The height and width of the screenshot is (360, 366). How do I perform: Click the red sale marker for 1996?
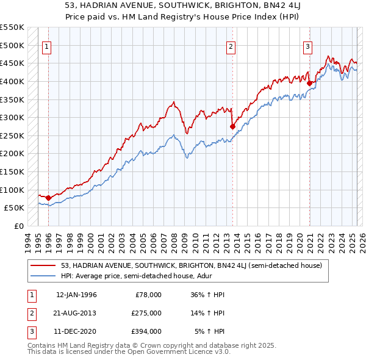click(48, 198)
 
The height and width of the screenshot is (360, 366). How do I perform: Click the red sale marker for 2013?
click(232, 126)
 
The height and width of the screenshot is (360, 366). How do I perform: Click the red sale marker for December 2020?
click(309, 83)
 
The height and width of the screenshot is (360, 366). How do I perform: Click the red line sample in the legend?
click(43, 265)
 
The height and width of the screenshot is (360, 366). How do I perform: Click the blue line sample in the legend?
click(43, 275)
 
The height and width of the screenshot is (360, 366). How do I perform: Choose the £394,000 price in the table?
click(146, 331)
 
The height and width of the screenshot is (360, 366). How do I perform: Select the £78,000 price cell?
click(148, 294)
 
